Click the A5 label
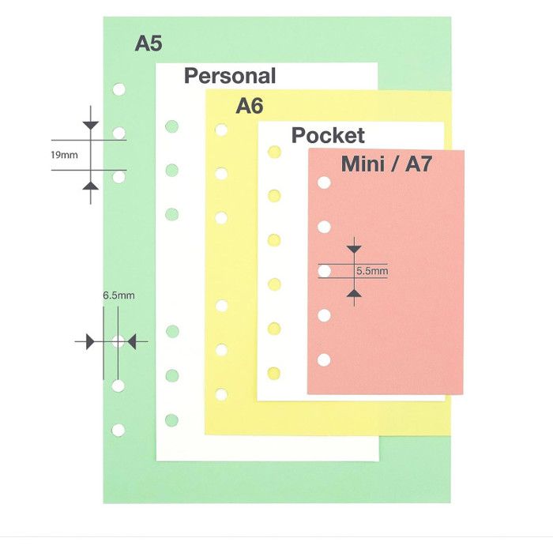point(148,43)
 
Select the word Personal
point(230,76)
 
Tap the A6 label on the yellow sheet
point(249,106)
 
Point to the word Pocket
point(328,135)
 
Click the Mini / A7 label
point(386,164)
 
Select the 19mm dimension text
point(64,155)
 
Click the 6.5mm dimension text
point(118,295)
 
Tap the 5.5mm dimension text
point(372,271)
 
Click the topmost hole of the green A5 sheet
point(118,89)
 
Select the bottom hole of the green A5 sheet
point(118,431)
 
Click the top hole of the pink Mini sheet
point(323,183)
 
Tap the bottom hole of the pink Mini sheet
point(323,360)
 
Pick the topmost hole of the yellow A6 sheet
point(222,129)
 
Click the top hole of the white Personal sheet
point(171,126)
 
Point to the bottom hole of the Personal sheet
point(171,419)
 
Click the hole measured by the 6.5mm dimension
point(118,341)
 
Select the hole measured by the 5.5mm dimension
point(323,271)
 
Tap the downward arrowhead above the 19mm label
point(91,125)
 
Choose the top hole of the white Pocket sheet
point(274,152)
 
